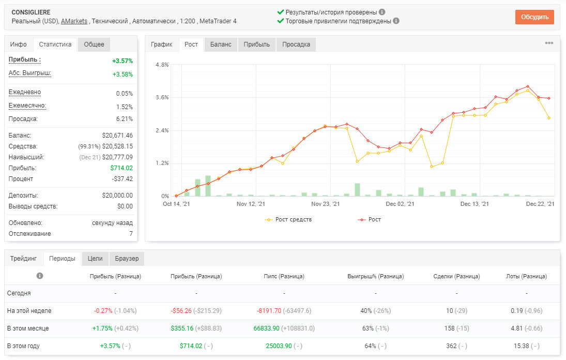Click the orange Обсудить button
click(534, 17)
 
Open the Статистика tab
click(55, 44)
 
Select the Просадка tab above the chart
click(296, 44)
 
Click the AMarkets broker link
click(74, 21)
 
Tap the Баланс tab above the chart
click(221, 44)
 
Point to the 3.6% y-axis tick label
click(162, 97)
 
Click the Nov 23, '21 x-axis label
click(325, 204)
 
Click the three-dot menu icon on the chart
click(549, 43)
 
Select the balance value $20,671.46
click(117, 136)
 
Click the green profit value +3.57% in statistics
click(123, 61)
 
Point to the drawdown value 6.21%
click(125, 119)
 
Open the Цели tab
click(95, 259)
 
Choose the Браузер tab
click(127, 259)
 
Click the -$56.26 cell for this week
click(181, 311)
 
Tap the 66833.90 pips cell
click(266, 328)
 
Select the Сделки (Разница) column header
click(456, 276)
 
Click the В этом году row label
click(23, 346)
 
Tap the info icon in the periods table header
click(40, 276)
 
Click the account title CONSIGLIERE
click(31, 12)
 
